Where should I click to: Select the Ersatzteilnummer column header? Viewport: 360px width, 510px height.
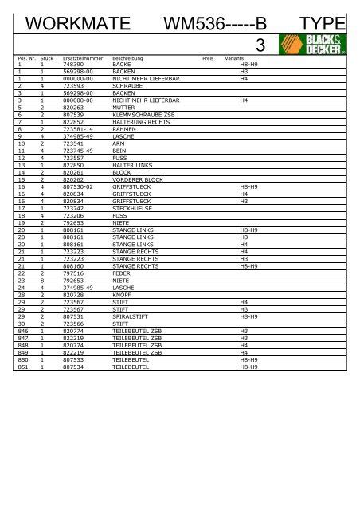80,59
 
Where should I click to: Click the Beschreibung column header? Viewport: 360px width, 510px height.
127,59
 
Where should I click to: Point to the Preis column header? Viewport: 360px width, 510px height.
208,59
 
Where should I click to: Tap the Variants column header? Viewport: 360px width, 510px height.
234,59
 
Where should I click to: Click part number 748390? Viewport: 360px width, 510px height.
73,65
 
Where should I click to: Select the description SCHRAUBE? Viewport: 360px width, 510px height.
127,86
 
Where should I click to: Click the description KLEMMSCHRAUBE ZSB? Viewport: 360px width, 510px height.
139,115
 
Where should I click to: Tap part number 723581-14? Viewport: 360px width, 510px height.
78,129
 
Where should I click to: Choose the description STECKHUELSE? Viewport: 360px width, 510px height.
132,209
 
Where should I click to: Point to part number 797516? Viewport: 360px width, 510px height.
73,273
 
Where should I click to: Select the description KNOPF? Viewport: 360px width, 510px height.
123,295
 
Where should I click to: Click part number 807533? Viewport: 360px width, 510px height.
73,360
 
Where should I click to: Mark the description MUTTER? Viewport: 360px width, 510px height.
124,108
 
